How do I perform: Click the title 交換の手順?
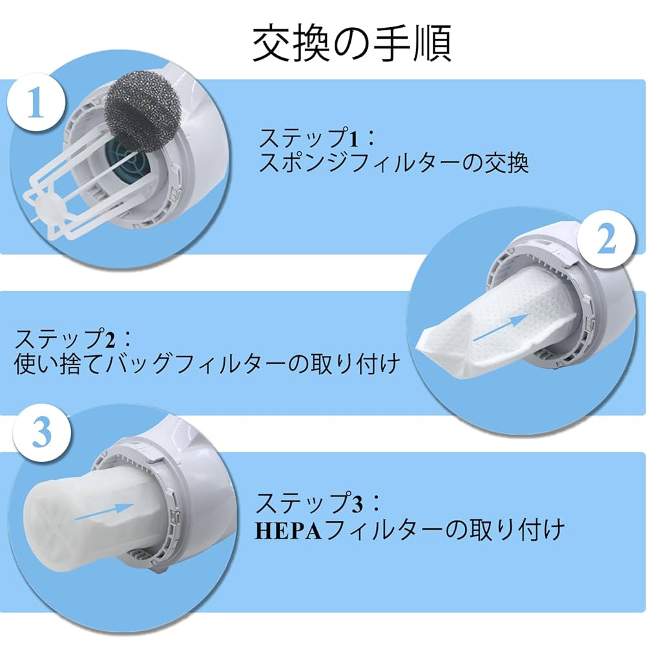point(351,44)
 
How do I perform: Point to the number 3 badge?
point(41,433)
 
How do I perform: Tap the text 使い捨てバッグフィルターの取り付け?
point(207,364)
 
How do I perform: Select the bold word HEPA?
point(288,530)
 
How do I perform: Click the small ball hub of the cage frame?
point(49,207)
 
